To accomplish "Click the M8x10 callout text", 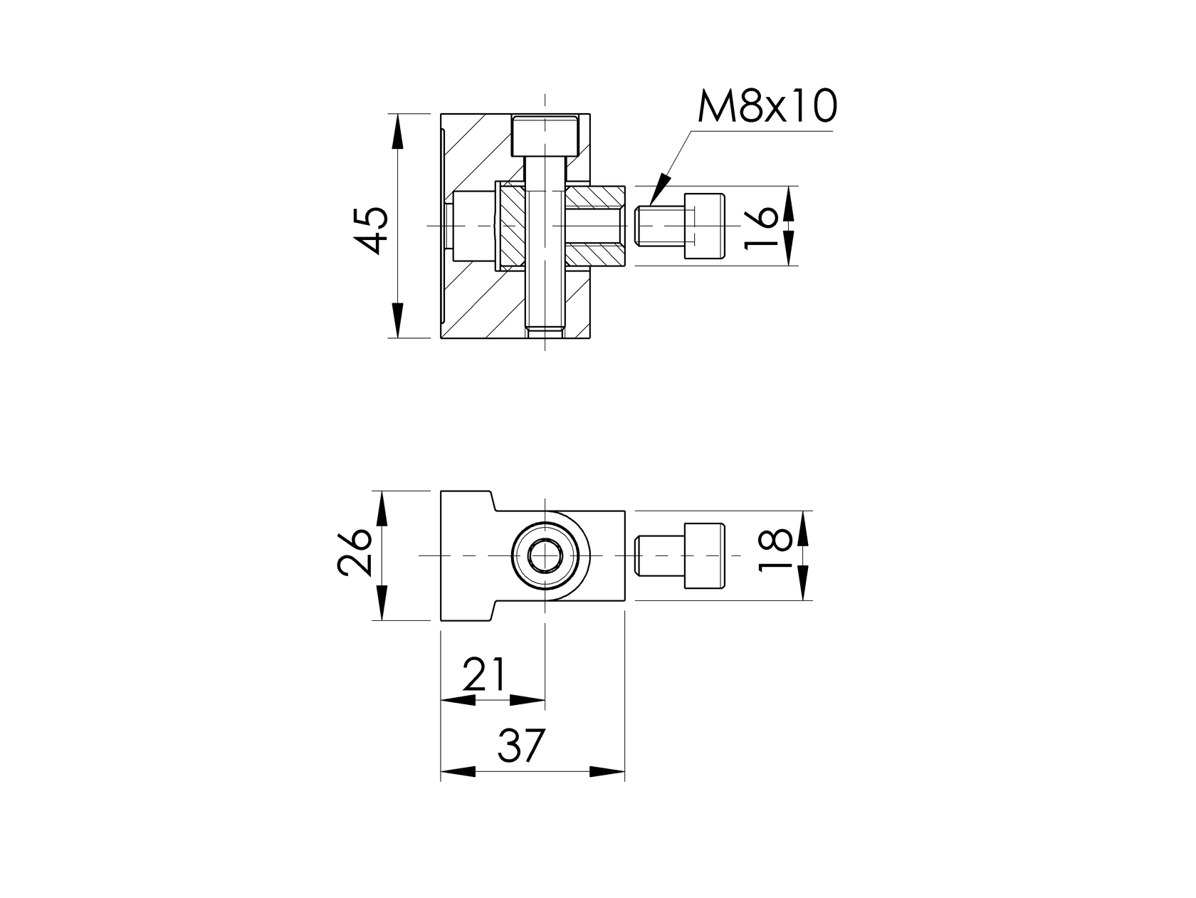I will pyautogui.click(x=767, y=107).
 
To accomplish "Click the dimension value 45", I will pyautogui.click(x=372, y=230).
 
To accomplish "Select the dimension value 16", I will pyautogui.click(x=761, y=226).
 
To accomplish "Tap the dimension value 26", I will pyautogui.click(x=355, y=552).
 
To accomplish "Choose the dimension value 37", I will pyautogui.click(x=521, y=746).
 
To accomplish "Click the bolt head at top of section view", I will pyautogui.click(x=544, y=136).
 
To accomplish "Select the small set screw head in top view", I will pyautogui.click(x=704, y=226).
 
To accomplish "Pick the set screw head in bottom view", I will pyautogui.click(x=704, y=555).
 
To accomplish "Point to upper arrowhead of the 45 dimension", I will pyautogui.click(x=397, y=131).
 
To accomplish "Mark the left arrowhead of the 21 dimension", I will pyautogui.click(x=458, y=701).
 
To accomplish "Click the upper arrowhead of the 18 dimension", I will pyautogui.click(x=804, y=528).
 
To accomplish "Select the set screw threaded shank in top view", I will pyautogui.click(x=659, y=226).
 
